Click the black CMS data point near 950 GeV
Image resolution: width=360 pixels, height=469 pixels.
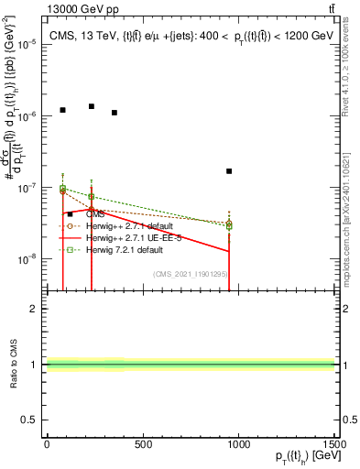pyautogui.click(x=229, y=171)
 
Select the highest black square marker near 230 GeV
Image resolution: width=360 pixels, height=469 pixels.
pyautogui.click(x=92, y=106)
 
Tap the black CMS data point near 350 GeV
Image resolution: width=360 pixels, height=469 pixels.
pyautogui.click(x=115, y=113)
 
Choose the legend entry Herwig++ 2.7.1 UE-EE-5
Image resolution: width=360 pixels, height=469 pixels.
pyautogui.click(x=129, y=237)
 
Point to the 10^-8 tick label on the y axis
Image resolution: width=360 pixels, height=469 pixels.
pyautogui.click(x=27, y=259)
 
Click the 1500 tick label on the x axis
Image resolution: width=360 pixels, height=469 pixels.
pyautogui.click(x=335, y=444)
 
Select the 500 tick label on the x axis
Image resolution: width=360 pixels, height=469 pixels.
pyautogui.click(x=143, y=444)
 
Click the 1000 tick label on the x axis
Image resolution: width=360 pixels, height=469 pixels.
pyautogui.click(x=239, y=444)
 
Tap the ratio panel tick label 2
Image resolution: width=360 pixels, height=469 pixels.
pyautogui.click(x=33, y=309)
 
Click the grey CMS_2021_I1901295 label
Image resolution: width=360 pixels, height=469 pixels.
pyautogui.click(x=190, y=274)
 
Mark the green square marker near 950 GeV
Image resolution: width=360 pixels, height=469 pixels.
pyautogui.click(x=229, y=224)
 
